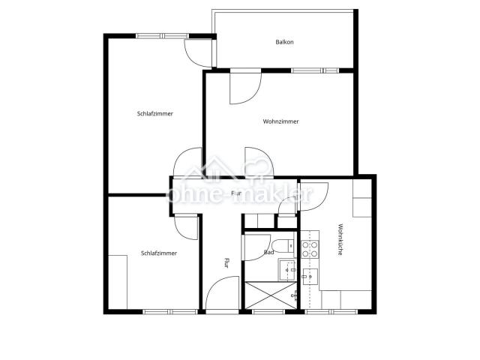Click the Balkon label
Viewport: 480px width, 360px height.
284,42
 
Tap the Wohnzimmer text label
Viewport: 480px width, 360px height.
280,121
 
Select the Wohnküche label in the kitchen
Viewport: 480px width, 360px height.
340,240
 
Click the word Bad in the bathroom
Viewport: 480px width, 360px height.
268,253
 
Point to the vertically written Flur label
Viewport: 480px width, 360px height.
226,263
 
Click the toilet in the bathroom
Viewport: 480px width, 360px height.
283,245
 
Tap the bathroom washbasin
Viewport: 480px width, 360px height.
286,270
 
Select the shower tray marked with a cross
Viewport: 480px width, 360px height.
271,295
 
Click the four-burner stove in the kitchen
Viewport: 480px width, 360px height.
310,249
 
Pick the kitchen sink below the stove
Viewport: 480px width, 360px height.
310,277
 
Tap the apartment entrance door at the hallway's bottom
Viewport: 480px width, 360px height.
223,293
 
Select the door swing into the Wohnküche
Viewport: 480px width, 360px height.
314,196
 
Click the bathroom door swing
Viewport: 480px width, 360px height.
256,247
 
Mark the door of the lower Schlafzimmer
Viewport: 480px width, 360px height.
187,228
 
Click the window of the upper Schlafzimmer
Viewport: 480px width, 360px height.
162,36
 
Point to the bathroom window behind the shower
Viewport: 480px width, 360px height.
268,312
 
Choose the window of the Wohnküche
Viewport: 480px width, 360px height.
331,312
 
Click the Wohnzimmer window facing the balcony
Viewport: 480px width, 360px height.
315,70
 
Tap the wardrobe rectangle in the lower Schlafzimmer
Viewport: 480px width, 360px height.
118,282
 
